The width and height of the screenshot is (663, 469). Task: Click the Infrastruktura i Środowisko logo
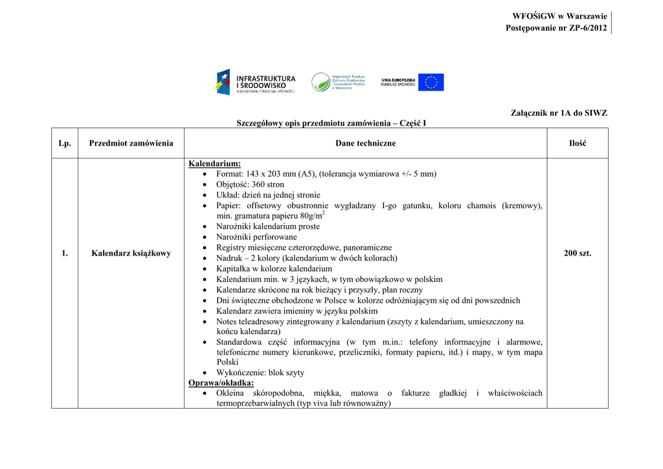click(255, 82)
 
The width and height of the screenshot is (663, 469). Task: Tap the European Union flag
click(431, 82)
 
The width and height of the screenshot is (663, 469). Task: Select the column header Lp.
click(65, 143)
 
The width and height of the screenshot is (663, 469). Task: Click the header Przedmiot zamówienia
click(131, 143)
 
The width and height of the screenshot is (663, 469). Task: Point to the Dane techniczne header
click(365, 143)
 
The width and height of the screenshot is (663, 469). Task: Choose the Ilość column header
click(578, 143)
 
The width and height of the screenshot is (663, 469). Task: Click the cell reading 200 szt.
click(578, 253)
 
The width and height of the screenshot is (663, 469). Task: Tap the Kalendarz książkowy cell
click(131, 253)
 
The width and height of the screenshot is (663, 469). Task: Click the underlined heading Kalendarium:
click(214, 164)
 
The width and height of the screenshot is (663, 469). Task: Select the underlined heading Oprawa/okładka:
click(221, 383)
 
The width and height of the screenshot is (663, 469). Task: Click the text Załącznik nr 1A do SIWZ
click(559, 113)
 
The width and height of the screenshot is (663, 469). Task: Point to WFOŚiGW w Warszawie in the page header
click(559, 16)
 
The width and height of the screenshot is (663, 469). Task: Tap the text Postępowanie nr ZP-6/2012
click(556, 28)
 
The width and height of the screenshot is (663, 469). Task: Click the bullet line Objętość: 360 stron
click(250, 184)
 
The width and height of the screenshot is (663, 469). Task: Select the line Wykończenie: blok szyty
click(260, 373)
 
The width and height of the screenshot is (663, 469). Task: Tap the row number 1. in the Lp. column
click(65, 253)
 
